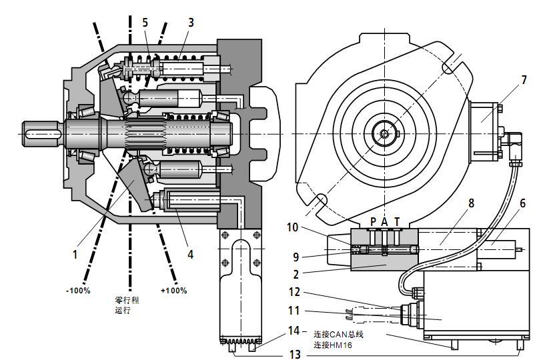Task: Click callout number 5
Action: tap(145, 22)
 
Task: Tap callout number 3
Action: tap(191, 22)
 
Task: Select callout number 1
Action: tap(75, 254)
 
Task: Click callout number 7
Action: tap(524, 79)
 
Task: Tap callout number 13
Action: tap(295, 353)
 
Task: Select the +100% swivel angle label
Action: tap(174, 291)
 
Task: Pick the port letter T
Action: tap(398, 221)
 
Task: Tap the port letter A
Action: tap(384, 221)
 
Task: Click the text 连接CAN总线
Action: tap(341, 333)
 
